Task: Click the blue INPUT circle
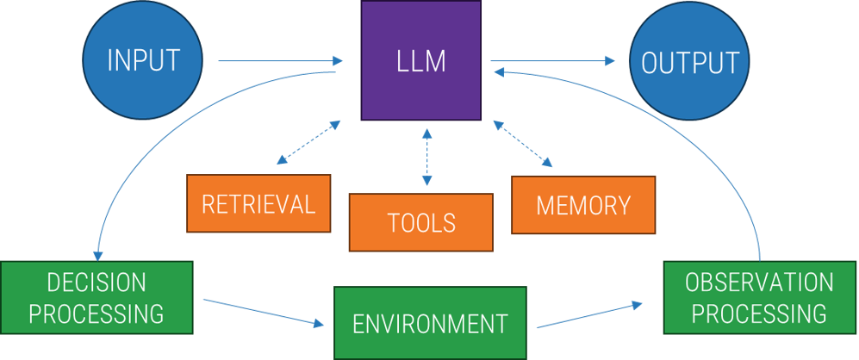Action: point(142,60)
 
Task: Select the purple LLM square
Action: point(420,60)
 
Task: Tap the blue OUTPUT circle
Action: point(689,62)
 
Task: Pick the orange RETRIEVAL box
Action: point(258,204)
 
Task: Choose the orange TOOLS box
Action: point(420,222)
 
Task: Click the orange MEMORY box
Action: point(583,205)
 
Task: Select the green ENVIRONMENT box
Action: point(430,323)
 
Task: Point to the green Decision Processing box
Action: point(96,298)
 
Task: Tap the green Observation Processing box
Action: point(758,298)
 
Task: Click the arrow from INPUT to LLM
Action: point(280,61)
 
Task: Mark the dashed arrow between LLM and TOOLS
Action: point(426,157)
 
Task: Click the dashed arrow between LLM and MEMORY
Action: point(523,143)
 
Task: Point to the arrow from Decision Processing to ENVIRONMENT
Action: point(263,312)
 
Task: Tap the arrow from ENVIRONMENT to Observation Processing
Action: point(589,315)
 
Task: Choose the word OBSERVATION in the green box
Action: point(759,282)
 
